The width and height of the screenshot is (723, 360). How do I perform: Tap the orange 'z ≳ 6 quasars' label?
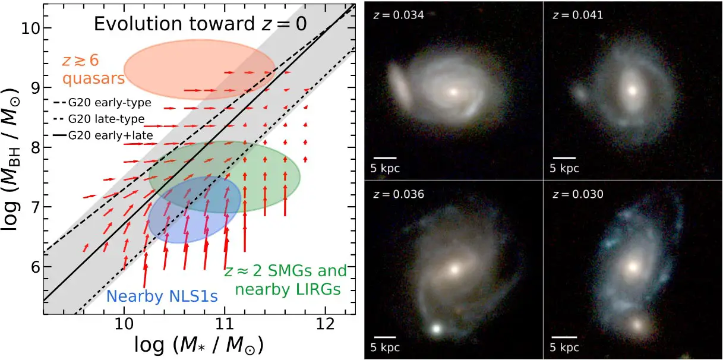click(x=91, y=70)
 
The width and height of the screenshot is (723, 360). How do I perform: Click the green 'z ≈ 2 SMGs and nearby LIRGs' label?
click(x=285, y=280)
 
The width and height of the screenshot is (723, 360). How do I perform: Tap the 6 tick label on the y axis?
click(x=34, y=267)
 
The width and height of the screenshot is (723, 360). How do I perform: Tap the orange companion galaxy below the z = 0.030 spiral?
click(x=639, y=325)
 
